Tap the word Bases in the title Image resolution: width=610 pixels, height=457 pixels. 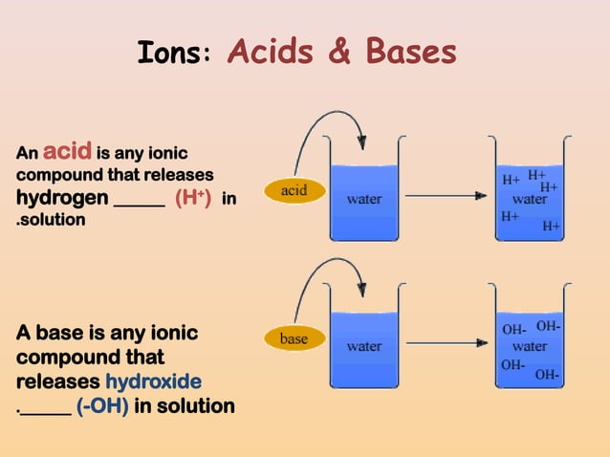(405, 53)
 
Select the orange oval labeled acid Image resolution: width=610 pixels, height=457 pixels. (294, 190)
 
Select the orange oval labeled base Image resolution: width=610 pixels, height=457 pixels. (294, 338)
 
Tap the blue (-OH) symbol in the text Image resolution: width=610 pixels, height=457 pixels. (102, 406)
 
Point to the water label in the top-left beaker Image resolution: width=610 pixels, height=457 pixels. (364, 200)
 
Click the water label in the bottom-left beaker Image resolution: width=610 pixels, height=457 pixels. (364, 346)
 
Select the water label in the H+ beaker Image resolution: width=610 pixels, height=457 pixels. (529, 201)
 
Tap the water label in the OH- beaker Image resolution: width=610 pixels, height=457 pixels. (529, 346)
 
